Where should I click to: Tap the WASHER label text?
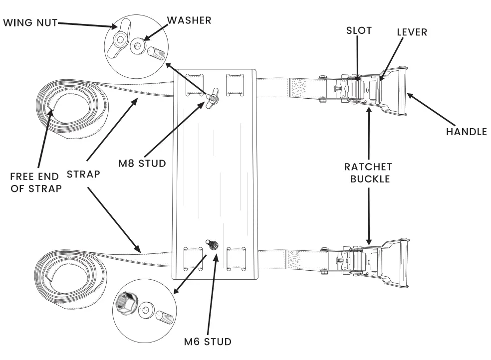tap(189, 20)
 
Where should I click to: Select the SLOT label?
tap(359, 30)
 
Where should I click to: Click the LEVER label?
tap(411, 32)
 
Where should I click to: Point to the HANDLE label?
tap(466, 132)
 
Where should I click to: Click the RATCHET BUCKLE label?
tap(369, 172)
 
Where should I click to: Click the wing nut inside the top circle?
tap(122, 37)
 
